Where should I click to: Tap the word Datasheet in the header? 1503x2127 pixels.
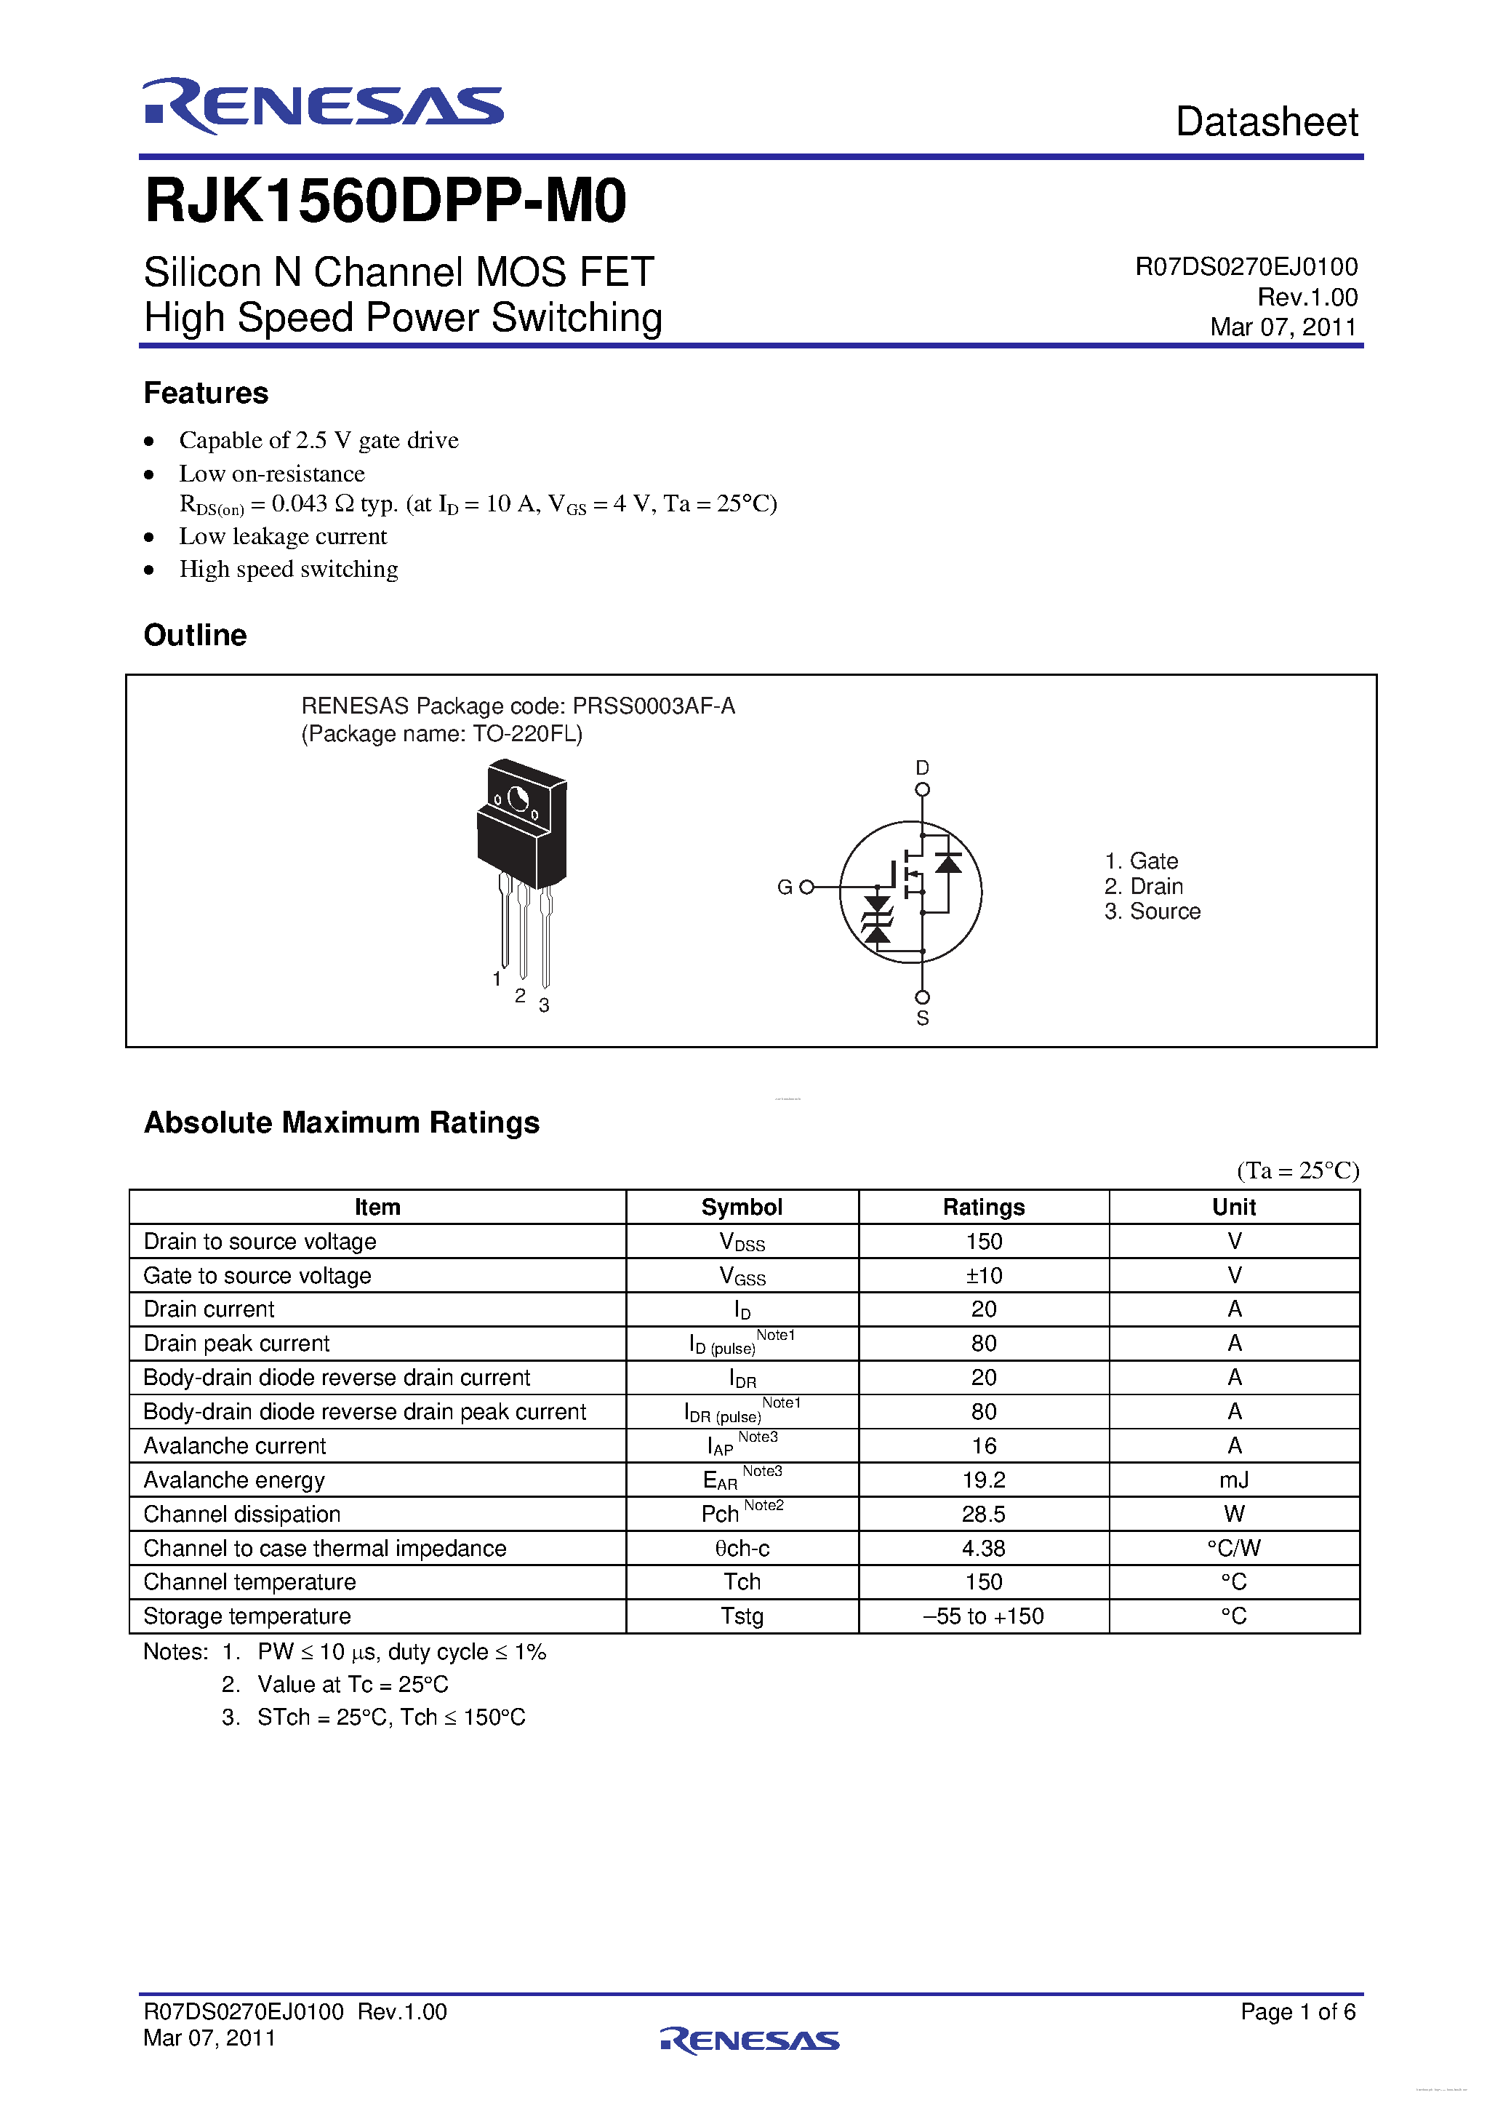1266,122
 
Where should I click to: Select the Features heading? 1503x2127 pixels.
206,393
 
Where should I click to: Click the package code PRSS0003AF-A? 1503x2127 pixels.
654,706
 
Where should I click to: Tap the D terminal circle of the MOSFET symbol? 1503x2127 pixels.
922,790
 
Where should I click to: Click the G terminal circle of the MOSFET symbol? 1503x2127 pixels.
806,887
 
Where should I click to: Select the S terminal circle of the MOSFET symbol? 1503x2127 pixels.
922,997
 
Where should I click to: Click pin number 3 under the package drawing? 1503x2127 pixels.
545,1005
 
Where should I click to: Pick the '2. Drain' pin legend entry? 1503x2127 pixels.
1144,887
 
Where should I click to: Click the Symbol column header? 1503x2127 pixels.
742,1207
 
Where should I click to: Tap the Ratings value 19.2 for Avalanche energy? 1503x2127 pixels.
984,1480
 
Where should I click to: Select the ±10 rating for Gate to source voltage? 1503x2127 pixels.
984,1276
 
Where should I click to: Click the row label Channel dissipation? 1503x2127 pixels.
243,1515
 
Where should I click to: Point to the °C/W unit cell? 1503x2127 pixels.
1233,1548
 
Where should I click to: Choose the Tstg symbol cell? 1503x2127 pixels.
742,1616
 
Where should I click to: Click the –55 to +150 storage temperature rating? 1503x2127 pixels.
984,1616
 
